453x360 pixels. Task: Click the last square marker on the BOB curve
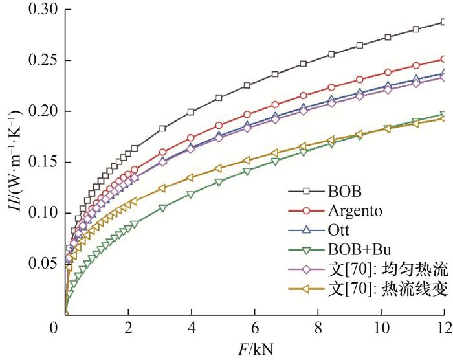click(443, 22)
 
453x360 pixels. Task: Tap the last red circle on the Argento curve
click(443, 59)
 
